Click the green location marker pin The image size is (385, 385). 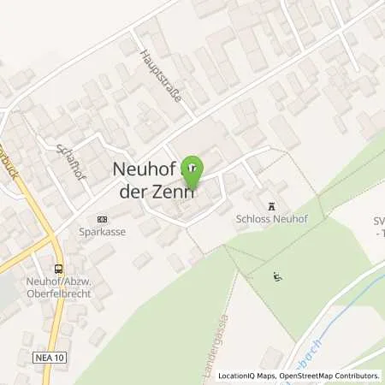coord(192,167)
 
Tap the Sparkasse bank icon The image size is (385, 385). coord(103,217)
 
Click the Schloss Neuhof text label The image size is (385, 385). coord(273,219)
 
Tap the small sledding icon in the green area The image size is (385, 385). coord(275,275)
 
